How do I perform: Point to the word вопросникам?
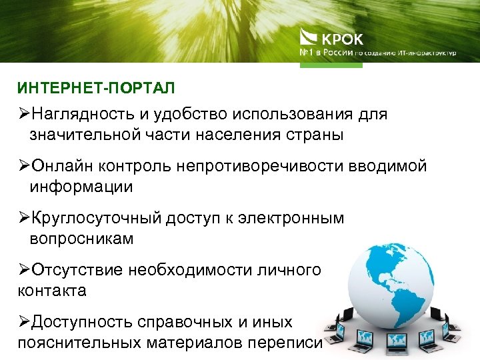(82, 239)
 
